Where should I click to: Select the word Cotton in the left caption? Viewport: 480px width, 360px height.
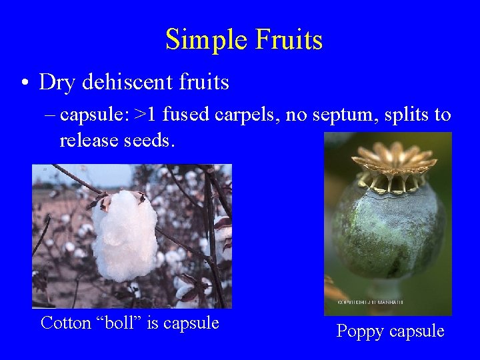(x=66, y=323)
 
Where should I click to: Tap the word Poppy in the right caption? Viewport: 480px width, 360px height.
(x=361, y=331)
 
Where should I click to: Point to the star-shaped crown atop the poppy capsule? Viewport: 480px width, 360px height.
(x=394, y=163)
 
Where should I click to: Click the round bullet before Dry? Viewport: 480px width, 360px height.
(x=23, y=83)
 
